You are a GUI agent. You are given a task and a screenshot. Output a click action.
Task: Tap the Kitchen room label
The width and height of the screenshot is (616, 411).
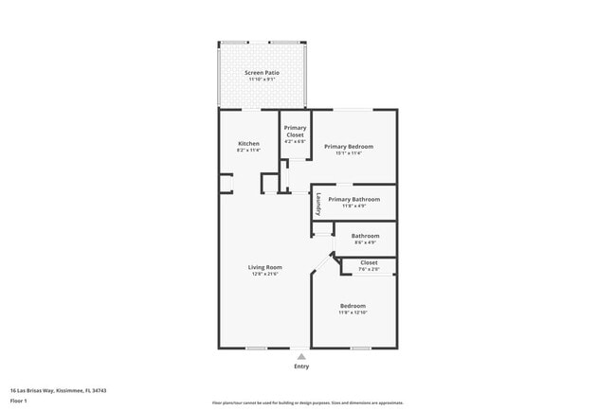(248, 144)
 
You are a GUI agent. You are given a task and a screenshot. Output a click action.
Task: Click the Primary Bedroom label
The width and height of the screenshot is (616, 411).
(349, 146)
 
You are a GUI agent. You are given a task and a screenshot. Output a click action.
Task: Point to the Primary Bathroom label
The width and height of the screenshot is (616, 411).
(354, 199)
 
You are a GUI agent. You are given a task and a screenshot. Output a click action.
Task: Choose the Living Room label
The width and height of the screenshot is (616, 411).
(265, 267)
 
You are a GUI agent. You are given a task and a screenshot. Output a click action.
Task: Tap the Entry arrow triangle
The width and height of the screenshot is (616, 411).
(301, 355)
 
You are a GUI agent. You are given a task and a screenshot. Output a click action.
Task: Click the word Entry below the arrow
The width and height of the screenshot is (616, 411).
(301, 366)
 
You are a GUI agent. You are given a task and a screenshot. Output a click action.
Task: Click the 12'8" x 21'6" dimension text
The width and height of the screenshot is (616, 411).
(265, 275)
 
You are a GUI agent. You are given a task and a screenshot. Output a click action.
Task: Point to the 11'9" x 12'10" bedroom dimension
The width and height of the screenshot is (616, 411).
(353, 313)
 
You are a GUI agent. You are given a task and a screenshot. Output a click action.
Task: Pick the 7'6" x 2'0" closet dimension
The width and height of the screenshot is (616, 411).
(369, 270)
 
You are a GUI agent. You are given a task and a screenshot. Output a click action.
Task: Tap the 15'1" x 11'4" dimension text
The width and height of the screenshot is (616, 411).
(349, 153)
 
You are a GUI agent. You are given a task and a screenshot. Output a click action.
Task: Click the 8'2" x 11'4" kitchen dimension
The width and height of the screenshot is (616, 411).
(248, 151)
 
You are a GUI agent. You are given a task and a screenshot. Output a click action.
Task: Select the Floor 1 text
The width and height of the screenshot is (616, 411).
(19, 402)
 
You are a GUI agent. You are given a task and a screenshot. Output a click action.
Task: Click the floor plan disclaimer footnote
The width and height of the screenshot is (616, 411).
(308, 402)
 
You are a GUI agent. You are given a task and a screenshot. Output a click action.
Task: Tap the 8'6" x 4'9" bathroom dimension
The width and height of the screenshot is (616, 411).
(366, 242)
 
